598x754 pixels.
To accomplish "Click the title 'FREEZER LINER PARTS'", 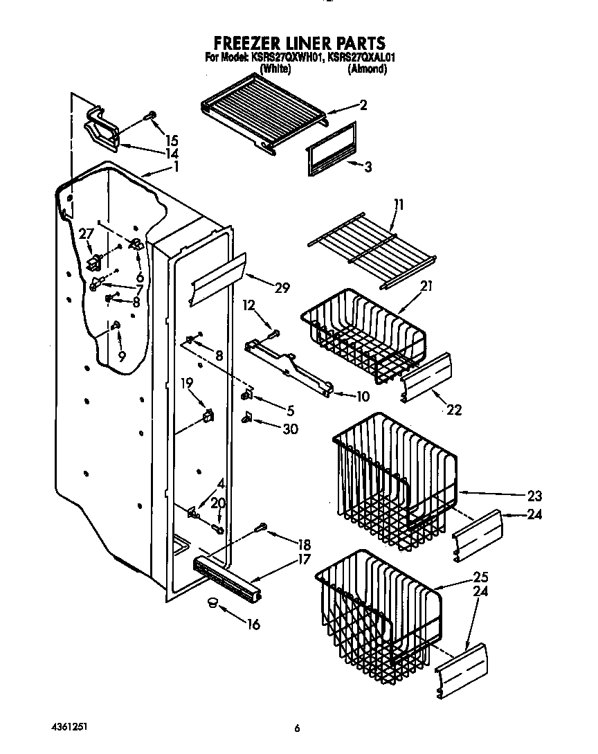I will (x=299, y=44).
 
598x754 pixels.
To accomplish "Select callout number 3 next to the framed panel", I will (x=368, y=166).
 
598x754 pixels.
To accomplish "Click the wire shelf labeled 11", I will (x=370, y=251).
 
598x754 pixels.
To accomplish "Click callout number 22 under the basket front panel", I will (x=453, y=409).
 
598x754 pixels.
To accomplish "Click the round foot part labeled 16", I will (x=212, y=605).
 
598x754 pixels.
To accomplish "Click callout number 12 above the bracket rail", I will (x=249, y=305).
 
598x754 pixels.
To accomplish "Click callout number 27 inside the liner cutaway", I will (x=86, y=235).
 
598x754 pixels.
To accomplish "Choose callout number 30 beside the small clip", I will (x=290, y=429).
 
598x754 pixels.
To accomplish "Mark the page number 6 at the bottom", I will (x=298, y=728).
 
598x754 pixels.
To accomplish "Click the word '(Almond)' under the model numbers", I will (x=367, y=69).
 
